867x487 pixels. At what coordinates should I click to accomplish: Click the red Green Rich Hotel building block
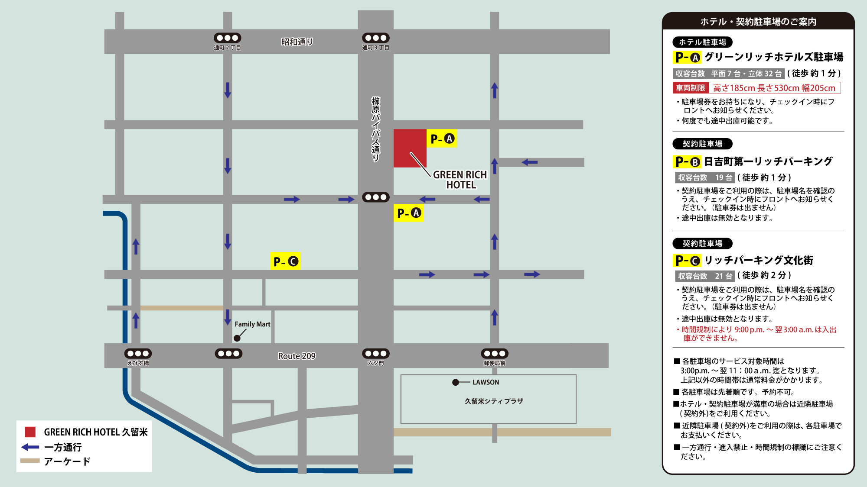pos(410,148)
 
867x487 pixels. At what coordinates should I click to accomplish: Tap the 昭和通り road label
pos(297,42)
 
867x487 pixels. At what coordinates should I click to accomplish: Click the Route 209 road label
pos(297,356)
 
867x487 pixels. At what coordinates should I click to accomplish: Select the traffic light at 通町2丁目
pos(227,38)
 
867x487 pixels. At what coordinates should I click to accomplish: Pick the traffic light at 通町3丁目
pos(376,38)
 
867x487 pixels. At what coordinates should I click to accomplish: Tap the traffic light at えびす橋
pos(138,354)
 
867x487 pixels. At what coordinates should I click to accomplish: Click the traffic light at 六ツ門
pos(376,354)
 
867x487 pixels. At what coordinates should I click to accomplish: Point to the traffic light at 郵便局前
pos(495,354)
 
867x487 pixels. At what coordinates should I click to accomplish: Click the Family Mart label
pos(252,324)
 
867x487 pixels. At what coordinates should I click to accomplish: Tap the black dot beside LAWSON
pos(456,382)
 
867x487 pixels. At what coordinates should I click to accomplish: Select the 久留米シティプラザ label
pos(494,401)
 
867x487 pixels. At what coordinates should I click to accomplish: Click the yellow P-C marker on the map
pos(285,261)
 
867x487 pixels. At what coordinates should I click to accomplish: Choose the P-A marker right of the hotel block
pos(442,139)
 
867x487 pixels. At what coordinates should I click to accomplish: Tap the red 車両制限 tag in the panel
pos(691,88)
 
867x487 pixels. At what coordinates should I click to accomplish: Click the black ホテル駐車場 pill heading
pos(702,42)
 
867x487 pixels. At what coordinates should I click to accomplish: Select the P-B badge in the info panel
pos(688,162)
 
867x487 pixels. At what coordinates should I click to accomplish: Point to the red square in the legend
pos(30,432)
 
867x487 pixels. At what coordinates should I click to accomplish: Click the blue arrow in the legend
pos(30,447)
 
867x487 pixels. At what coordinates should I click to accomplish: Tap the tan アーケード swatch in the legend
pos(30,461)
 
